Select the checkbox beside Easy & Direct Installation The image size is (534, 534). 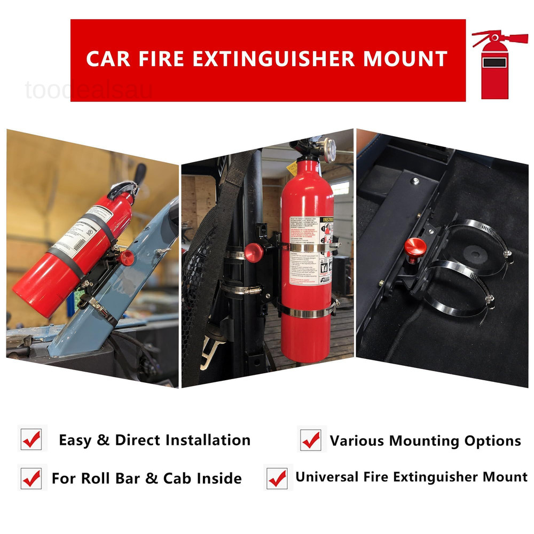(32, 439)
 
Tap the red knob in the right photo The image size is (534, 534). (415, 247)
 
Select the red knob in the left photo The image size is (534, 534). (127, 257)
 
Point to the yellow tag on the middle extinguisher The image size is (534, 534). (292, 169)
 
